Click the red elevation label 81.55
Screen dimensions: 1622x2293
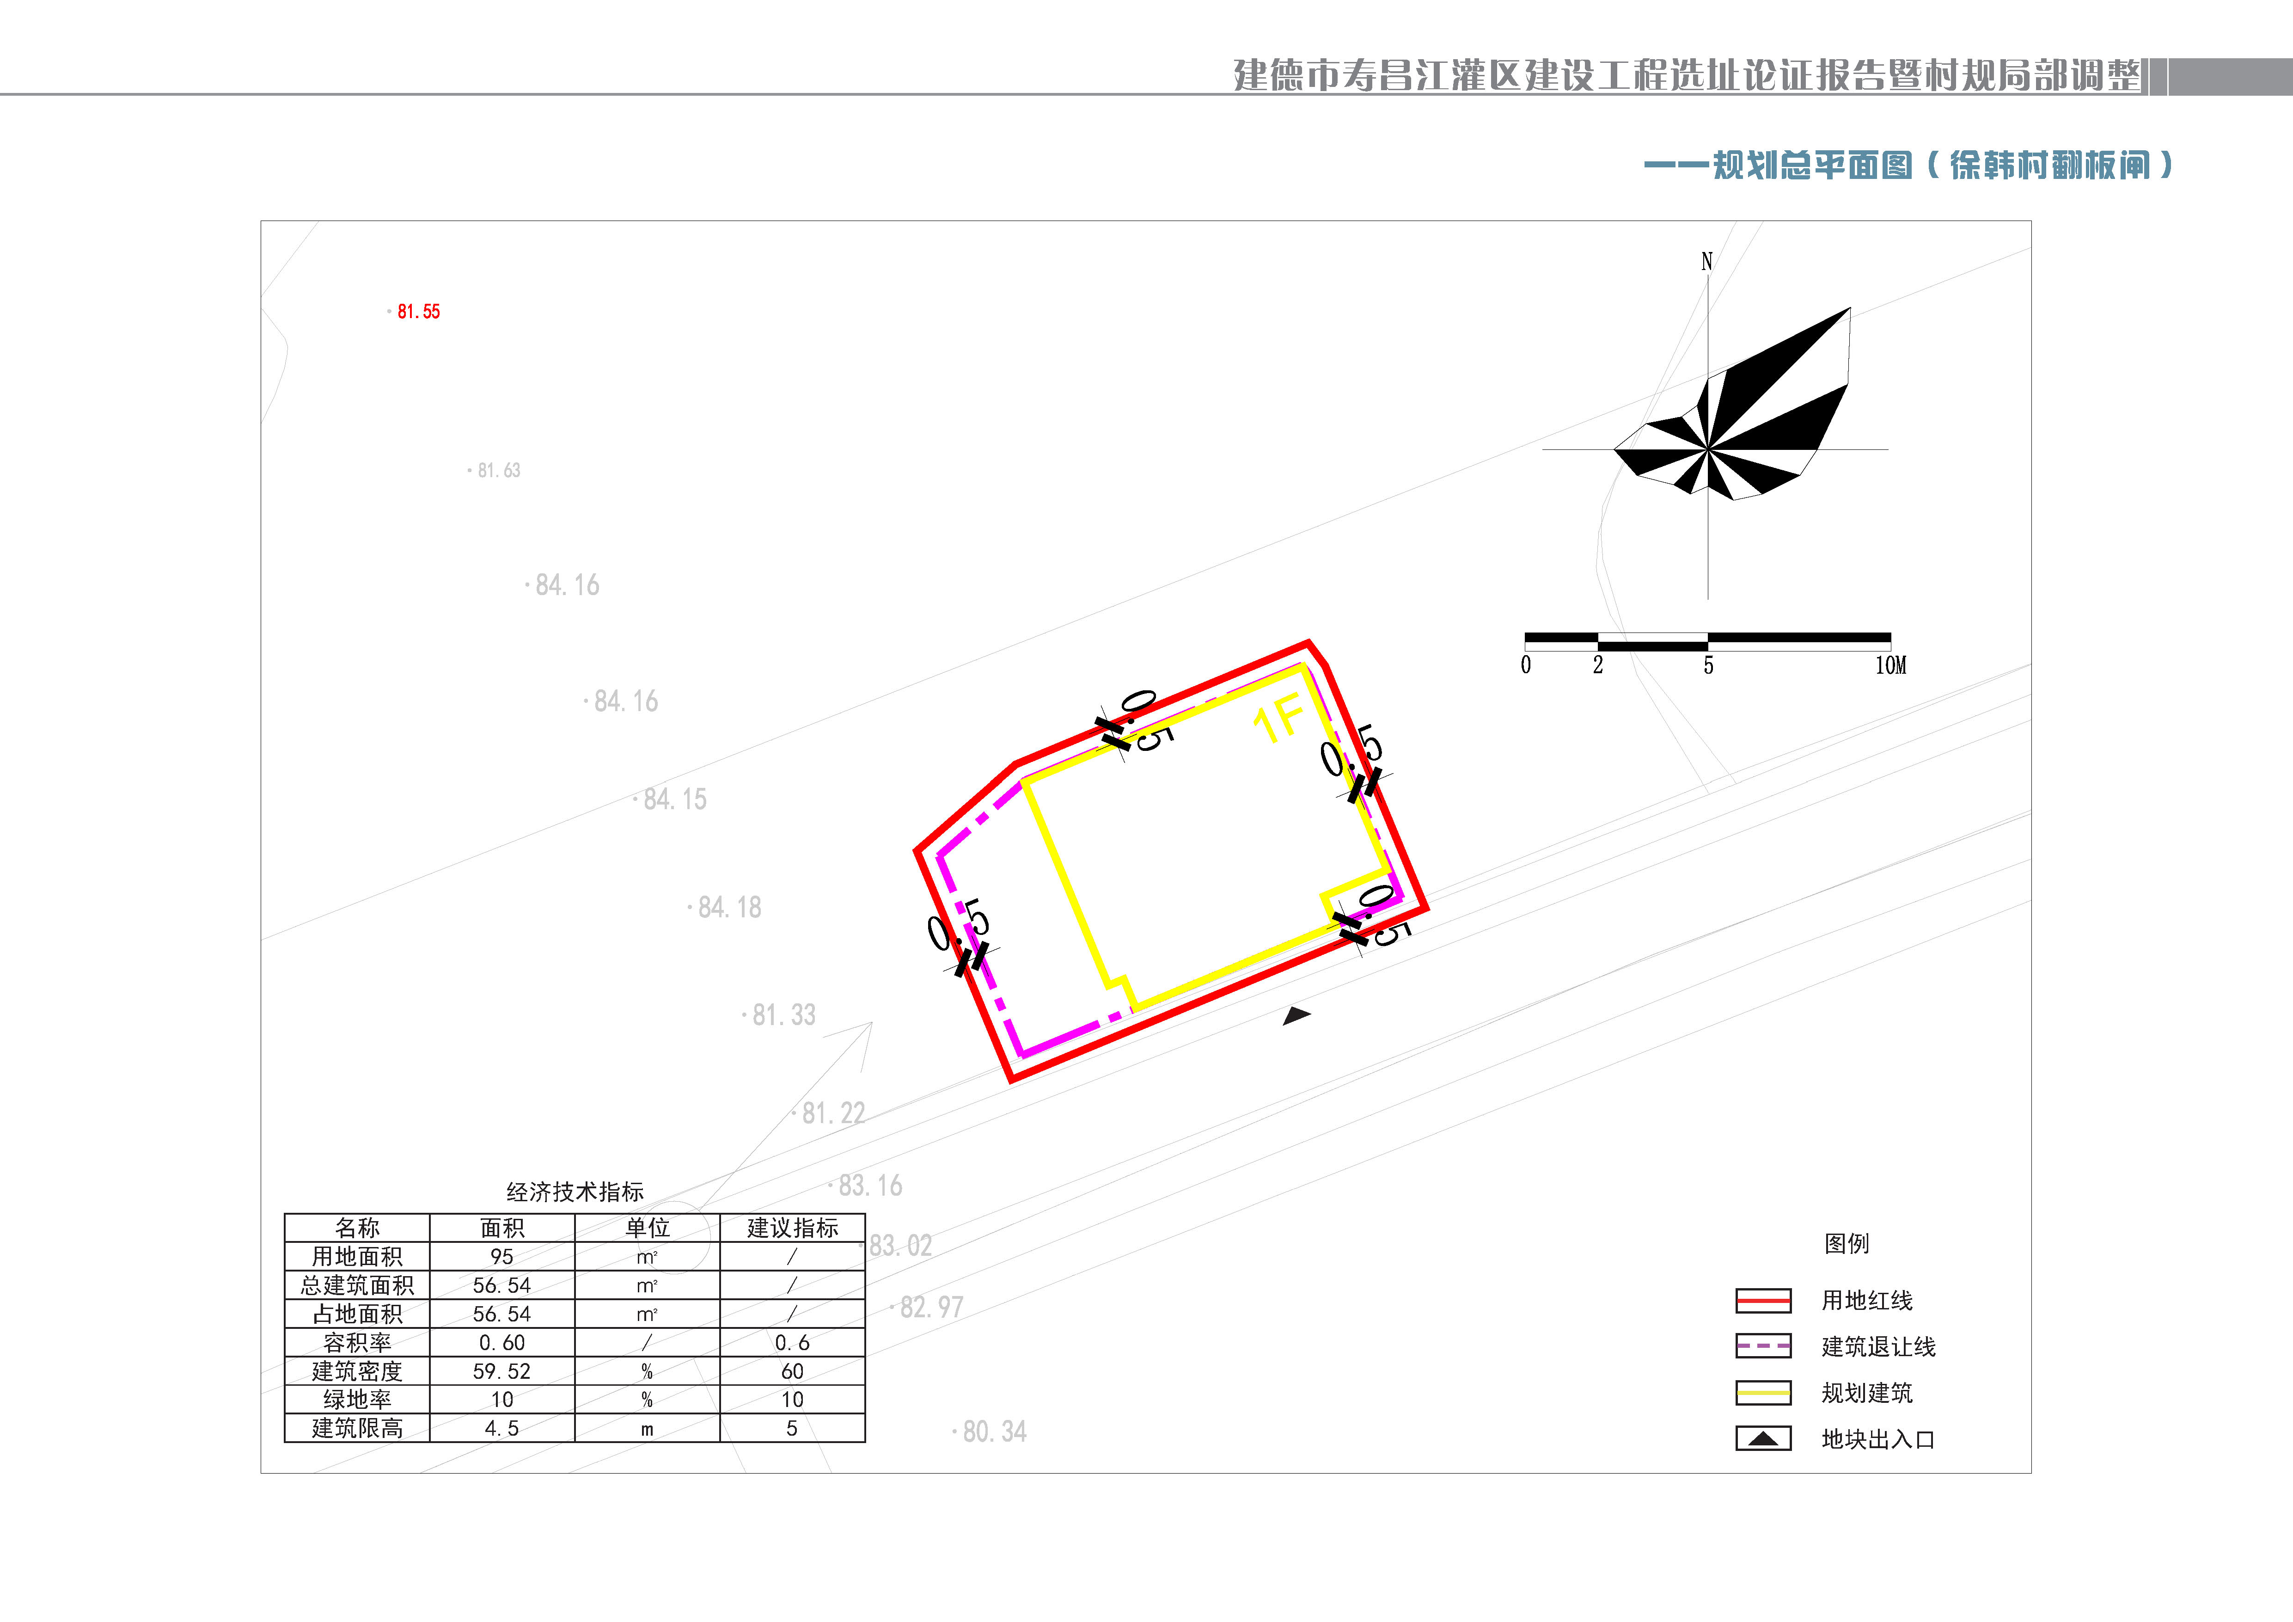(x=417, y=312)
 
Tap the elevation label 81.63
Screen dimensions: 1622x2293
(x=497, y=470)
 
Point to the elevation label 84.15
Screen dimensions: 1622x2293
(x=673, y=799)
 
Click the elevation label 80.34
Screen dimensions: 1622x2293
(x=993, y=1431)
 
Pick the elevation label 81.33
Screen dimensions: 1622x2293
(x=782, y=1015)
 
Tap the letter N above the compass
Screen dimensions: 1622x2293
(x=1707, y=262)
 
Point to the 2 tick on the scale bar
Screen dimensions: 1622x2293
(x=1598, y=665)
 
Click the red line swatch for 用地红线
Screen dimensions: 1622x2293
(x=1763, y=1300)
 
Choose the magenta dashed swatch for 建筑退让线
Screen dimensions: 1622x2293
(x=1763, y=1346)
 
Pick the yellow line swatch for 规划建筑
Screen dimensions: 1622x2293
(x=1763, y=1392)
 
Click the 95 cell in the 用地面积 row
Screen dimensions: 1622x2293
(x=501, y=1256)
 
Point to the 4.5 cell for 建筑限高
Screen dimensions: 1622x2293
(x=501, y=1428)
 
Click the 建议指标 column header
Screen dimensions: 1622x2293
(x=792, y=1228)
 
